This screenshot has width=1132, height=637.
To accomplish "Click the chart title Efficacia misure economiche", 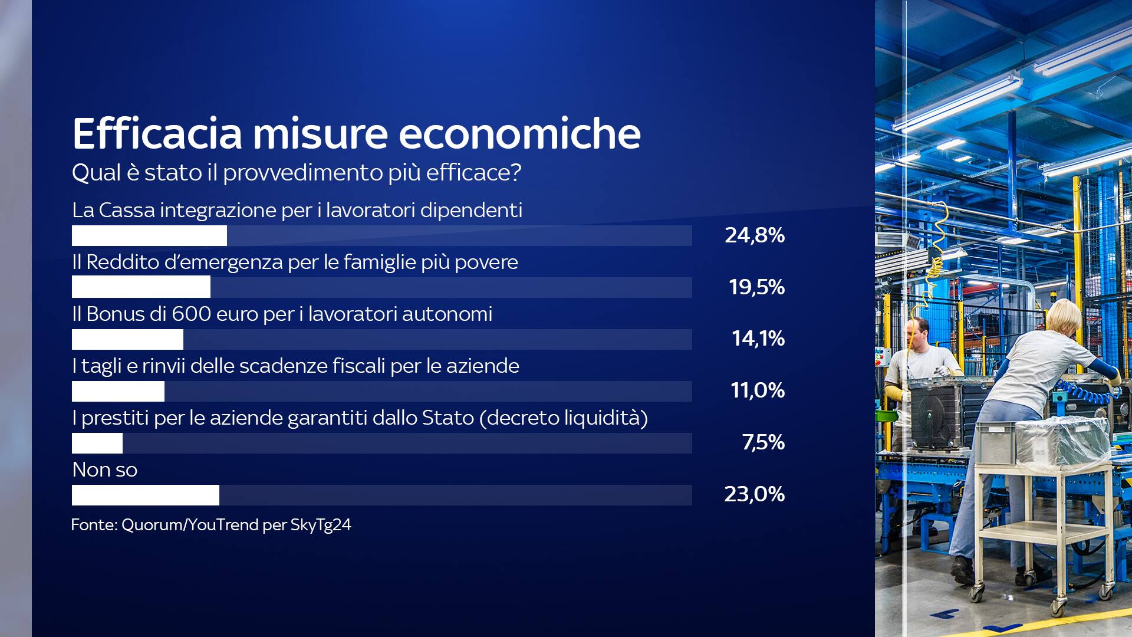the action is tap(356, 133).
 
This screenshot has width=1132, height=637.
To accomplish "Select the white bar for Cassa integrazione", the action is tap(149, 235).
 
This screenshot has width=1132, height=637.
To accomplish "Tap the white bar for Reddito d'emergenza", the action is tap(141, 287).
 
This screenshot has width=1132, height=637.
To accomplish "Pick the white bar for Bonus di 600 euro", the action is tap(127, 339).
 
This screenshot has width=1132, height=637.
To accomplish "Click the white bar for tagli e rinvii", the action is tap(118, 391).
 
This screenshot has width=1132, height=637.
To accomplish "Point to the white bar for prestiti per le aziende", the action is tap(97, 443).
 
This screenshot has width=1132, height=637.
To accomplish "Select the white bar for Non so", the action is tap(146, 495).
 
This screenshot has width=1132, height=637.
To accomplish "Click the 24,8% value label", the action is tap(755, 235).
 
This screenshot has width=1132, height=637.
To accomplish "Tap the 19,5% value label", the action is tap(756, 287).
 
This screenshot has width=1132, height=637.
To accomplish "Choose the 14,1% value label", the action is tap(758, 339).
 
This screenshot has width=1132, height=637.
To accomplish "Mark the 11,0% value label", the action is tap(758, 390).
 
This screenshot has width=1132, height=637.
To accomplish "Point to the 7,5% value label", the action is tap(764, 442).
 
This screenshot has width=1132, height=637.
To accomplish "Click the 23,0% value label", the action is tap(755, 494).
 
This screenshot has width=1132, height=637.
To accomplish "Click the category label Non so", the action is tap(105, 470).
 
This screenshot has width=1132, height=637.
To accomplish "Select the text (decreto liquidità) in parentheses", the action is tap(564, 418).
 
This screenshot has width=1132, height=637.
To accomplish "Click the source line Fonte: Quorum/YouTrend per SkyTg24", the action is tap(211, 525).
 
